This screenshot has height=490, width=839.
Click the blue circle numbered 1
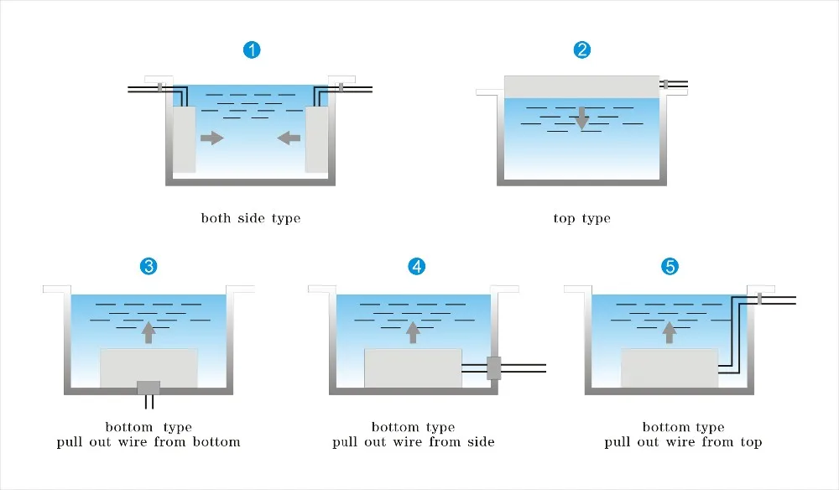click(252, 50)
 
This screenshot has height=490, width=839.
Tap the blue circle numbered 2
click(581, 50)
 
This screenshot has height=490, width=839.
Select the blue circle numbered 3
click(149, 267)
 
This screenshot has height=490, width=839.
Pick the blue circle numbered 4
click(416, 267)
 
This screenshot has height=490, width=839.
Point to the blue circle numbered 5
click(670, 267)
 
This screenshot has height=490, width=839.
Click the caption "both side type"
click(250, 218)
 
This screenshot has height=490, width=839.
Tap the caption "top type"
click(581, 218)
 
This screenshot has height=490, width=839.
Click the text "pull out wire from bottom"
click(149, 441)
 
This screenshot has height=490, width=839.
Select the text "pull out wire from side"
click(414, 441)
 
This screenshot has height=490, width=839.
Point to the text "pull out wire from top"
click(683, 441)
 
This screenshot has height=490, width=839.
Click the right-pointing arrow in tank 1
click(212, 138)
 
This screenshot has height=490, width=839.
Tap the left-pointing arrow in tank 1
click(289, 138)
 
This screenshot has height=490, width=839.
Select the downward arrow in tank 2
click(581, 117)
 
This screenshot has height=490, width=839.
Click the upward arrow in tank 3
click(149, 332)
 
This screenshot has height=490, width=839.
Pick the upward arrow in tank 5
click(670, 332)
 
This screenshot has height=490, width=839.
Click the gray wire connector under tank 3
click(149, 387)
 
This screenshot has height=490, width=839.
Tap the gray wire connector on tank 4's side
click(493, 367)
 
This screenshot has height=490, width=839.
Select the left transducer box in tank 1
click(185, 138)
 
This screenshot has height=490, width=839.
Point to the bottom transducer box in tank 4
click(413, 367)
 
